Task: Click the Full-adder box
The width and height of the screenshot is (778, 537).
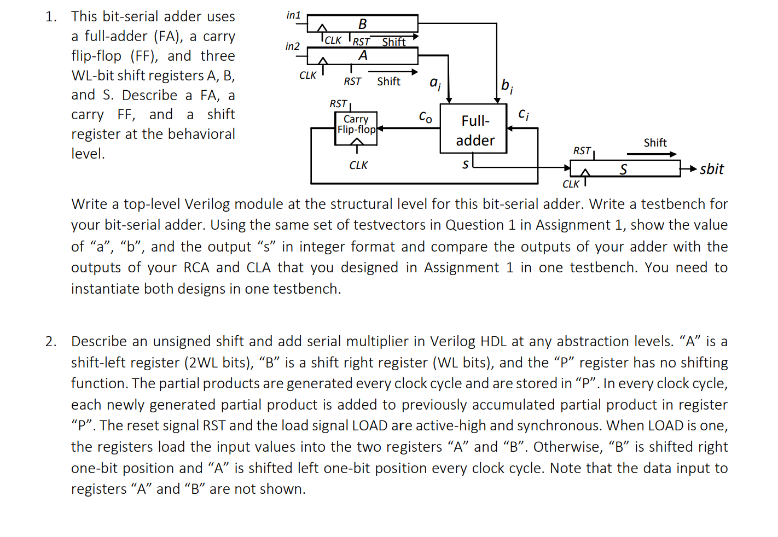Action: click(x=474, y=129)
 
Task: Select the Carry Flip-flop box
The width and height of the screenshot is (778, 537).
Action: click(x=356, y=128)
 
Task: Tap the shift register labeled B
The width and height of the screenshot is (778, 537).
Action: click(x=362, y=24)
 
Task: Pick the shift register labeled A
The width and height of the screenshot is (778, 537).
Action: click(x=362, y=56)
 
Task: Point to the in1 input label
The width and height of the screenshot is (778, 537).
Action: click(x=293, y=15)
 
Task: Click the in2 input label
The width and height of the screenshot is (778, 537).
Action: click(x=293, y=46)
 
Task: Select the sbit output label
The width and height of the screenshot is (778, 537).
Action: click(x=711, y=169)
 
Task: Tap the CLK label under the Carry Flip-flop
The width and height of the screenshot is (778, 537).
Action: click(x=358, y=165)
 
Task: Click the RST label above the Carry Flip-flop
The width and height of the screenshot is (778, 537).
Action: click(x=338, y=103)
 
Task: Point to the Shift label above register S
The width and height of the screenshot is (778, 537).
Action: click(x=655, y=143)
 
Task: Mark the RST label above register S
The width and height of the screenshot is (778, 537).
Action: click(x=582, y=150)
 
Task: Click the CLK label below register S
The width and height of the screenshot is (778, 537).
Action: click(x=571, y=184)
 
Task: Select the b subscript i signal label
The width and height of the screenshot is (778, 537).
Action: click(x=507, y=86)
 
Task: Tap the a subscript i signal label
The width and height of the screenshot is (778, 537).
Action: click(x=435, y=83)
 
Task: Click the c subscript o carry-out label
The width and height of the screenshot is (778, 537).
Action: click(x=425, y=116)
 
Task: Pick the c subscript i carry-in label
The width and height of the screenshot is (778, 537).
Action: click(x=523, y=114)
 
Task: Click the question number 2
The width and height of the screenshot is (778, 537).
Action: click(x=50, y=342)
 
